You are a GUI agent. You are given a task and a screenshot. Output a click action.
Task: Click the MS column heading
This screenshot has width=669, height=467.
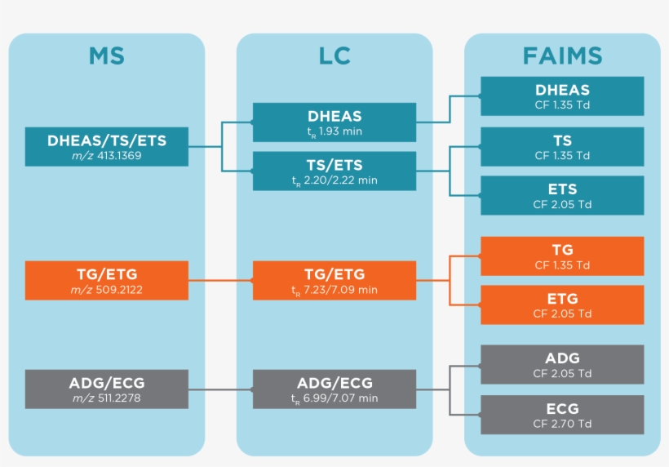[106, 56]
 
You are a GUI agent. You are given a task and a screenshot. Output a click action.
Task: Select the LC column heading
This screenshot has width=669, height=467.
[334, 56]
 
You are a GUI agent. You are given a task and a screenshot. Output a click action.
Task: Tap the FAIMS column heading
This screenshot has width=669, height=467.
[562, 56]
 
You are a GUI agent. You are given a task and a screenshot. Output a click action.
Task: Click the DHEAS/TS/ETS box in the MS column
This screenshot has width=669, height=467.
[107, 147]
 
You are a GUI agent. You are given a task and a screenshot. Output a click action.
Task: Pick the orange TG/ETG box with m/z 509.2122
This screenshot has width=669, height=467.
[107, 281]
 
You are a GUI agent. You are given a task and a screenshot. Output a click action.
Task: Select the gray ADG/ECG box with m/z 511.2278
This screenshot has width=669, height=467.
[107, 389]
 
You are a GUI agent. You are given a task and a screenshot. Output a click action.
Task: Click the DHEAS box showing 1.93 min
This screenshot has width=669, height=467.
[334, 122]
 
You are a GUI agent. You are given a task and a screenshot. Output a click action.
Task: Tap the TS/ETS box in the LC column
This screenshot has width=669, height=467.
[334, 171]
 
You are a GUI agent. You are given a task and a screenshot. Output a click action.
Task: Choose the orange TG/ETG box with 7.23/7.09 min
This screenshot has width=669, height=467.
[334, 281]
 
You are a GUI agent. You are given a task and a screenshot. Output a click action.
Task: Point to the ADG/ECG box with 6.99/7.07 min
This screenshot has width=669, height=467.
[334, 389]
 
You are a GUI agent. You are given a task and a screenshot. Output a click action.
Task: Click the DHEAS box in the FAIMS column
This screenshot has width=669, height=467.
[562, 96]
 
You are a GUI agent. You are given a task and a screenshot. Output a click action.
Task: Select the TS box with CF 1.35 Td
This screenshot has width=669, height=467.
[562, 147]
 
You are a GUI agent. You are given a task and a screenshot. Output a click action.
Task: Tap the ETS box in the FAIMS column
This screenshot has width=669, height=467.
[562, 196]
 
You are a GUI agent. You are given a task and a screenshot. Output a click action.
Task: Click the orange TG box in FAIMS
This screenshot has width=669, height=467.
[562, 256]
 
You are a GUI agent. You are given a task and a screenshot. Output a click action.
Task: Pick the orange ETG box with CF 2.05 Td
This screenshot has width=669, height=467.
[562, 305]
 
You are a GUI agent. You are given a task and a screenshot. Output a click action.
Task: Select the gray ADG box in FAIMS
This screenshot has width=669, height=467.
[562, 365]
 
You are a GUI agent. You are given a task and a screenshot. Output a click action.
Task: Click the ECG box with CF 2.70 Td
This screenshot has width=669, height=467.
[562, 415]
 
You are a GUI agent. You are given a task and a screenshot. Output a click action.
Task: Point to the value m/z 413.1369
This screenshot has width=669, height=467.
[108, 155]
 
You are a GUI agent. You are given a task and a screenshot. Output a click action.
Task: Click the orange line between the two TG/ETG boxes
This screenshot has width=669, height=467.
[220, 281]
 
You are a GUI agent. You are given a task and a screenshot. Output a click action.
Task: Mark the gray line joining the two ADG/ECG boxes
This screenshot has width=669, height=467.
[220, 389]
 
